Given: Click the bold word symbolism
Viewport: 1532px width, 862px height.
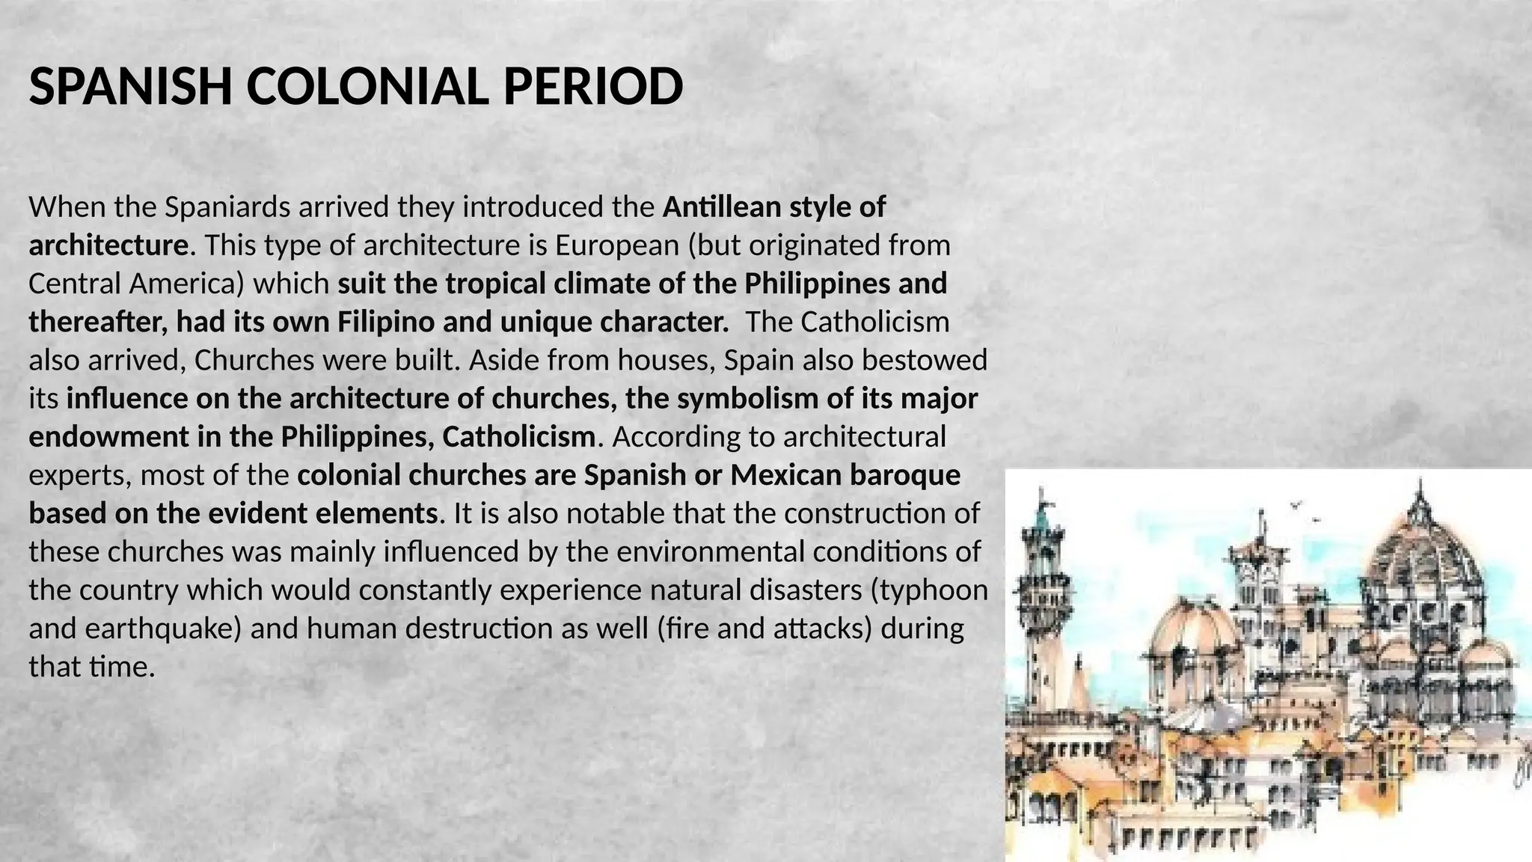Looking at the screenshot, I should pyautogui.click(x=748, y=398).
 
